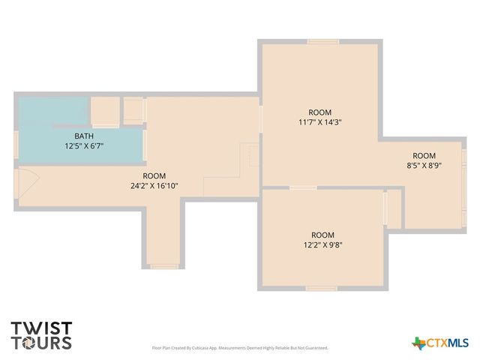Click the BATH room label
(73, 136)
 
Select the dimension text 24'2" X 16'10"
(154, 185)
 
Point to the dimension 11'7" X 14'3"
(320, 121)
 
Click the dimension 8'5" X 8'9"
(424, 166)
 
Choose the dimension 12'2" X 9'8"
(322, 244)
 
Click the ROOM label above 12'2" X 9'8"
(322, 234)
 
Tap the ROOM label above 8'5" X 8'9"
(424, 156)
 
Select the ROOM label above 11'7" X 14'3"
(320, 112)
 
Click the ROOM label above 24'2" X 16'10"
(154, 175)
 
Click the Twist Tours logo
(41, 335)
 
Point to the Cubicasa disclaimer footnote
(239, 348)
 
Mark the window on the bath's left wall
(16, 144)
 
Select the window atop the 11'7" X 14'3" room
(322, 41)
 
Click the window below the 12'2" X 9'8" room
(321, 288)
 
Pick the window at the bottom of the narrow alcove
(163, 265)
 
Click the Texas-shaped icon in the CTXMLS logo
(418, 343)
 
